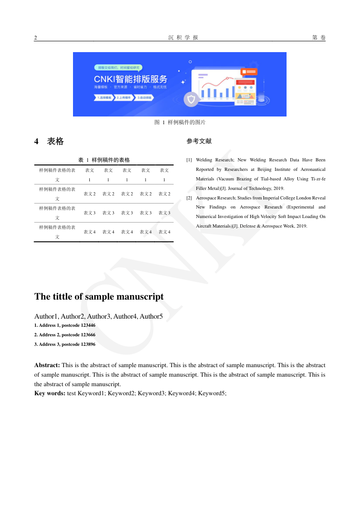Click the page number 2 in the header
(36, 38)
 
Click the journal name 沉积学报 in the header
(180, 38)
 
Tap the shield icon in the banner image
(191, 99)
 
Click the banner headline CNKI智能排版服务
(131, 79)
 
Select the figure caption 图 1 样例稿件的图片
(180, 122)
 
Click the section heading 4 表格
(49, 141)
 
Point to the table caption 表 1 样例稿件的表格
(104, 160)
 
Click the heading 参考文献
(199, 141)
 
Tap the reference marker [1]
(189, 160)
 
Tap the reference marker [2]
(189, 198)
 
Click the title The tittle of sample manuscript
(99, 296)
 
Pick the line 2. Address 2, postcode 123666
(65, 335)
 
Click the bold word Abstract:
(47, 365)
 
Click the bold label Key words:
(50, 393)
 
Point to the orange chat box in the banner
(249, 72)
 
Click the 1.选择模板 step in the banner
(104, 97)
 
